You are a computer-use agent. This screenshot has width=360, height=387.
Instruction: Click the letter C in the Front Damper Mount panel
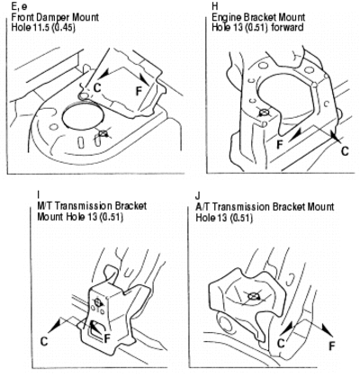coord(97,87)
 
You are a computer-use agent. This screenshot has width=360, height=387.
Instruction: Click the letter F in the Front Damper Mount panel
coord(139,91)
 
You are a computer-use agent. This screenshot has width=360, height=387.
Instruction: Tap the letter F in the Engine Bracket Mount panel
coord(280,145)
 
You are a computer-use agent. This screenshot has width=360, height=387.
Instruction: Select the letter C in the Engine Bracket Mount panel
coord(345,150)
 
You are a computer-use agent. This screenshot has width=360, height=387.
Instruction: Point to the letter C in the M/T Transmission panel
coord(44,341)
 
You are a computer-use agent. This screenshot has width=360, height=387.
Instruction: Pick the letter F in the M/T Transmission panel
coord(107,338)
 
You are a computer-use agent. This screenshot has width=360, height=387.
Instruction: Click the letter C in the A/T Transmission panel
coord(281,343)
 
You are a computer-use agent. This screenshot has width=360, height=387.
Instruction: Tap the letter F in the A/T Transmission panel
coord(331,346)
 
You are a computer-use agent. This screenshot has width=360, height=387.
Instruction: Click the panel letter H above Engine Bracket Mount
coord(215,6)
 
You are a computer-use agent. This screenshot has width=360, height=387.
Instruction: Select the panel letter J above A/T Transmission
coord(197,196)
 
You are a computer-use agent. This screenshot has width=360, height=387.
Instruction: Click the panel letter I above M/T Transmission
coord(38,195)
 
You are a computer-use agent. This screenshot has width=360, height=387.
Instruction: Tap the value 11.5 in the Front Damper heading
coord(41,27)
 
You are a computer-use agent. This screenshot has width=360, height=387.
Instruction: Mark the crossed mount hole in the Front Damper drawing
coord(103,133)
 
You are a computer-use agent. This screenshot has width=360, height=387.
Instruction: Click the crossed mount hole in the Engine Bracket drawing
coord(264,112)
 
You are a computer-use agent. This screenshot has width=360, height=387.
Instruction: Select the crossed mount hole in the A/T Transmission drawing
coord(253,297)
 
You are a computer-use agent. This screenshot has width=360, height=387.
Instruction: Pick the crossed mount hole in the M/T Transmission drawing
coord(97,301)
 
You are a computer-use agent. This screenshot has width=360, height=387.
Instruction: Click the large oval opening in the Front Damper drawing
coord(84,118)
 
